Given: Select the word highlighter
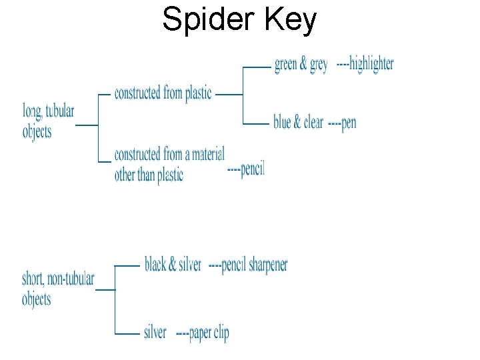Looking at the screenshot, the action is [x=371, y=64].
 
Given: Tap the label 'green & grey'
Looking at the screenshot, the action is [x=301, y=64].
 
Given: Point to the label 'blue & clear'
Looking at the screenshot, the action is [x=298, y=123].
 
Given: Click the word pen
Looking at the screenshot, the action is [x=348, y=123].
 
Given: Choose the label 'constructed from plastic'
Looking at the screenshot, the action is [x=163, y=93].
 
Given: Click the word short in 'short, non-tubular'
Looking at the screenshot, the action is [x=34, y=279].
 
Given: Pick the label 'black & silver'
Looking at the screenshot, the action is [x=173, y=265].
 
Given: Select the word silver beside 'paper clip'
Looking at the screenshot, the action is [x=155, y=332].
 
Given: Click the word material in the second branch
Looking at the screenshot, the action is [x=203, y=155].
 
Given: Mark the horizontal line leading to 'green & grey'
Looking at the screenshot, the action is [x=257, y=67].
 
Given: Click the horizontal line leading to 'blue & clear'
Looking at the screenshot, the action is [x=257, y=124].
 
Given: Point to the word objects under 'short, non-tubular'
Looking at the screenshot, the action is [x=36, y=299].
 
